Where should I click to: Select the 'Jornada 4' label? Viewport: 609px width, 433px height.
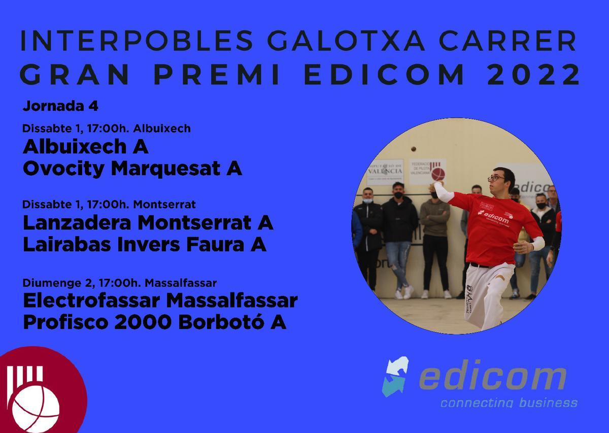(60, 107)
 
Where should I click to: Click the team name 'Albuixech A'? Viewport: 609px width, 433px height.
(86, 147)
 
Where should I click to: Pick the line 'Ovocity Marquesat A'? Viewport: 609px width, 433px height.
(132, 169)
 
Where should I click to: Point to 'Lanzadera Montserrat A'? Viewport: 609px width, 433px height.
(148, 222)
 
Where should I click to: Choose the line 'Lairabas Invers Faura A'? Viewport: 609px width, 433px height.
(145, 245)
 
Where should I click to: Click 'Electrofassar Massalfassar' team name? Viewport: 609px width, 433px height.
(160, 300)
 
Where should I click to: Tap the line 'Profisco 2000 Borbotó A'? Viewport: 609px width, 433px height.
(154, 322)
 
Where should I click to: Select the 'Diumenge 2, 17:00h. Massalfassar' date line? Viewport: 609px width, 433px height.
(120, 283)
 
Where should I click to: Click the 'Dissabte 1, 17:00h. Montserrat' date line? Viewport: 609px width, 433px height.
(109, 205)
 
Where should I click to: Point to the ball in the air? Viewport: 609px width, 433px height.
(414, 149)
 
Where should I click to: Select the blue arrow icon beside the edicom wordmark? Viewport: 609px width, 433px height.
(396, 376)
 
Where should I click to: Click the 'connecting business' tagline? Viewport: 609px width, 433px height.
(509, 403)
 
